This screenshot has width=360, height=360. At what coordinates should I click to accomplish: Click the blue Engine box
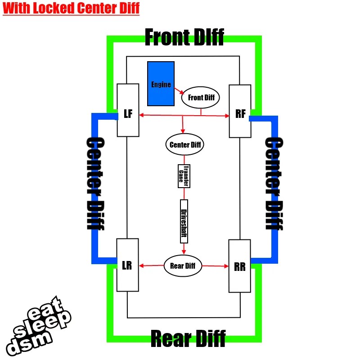(161, 84)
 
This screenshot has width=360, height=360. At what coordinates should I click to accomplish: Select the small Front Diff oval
(201, 98)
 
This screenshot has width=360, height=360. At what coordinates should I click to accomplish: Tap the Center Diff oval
(184, 145)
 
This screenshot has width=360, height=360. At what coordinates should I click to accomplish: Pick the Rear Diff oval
(182, 265)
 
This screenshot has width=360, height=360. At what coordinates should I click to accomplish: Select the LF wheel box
(128, 110)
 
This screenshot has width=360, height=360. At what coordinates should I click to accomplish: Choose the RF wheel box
(239, 111)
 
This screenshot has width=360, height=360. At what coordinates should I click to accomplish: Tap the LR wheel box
(127, 265)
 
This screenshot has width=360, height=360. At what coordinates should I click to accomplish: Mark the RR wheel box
(239, 265)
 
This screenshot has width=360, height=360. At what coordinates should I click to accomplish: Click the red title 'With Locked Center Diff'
(71, 9)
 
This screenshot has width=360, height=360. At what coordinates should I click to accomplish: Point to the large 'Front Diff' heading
(184, 37)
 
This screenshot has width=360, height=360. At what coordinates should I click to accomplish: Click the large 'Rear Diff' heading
(188, 339)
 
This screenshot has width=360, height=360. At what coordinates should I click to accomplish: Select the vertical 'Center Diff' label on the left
(95, 184)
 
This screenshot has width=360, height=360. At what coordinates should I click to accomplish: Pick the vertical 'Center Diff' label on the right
(274, 184)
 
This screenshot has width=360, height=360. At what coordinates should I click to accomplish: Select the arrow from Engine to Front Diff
(177, 91)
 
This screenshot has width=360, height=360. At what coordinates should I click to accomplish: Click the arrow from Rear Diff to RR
(215, 266)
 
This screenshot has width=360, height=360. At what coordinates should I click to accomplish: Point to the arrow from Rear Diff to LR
(152, 265)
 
